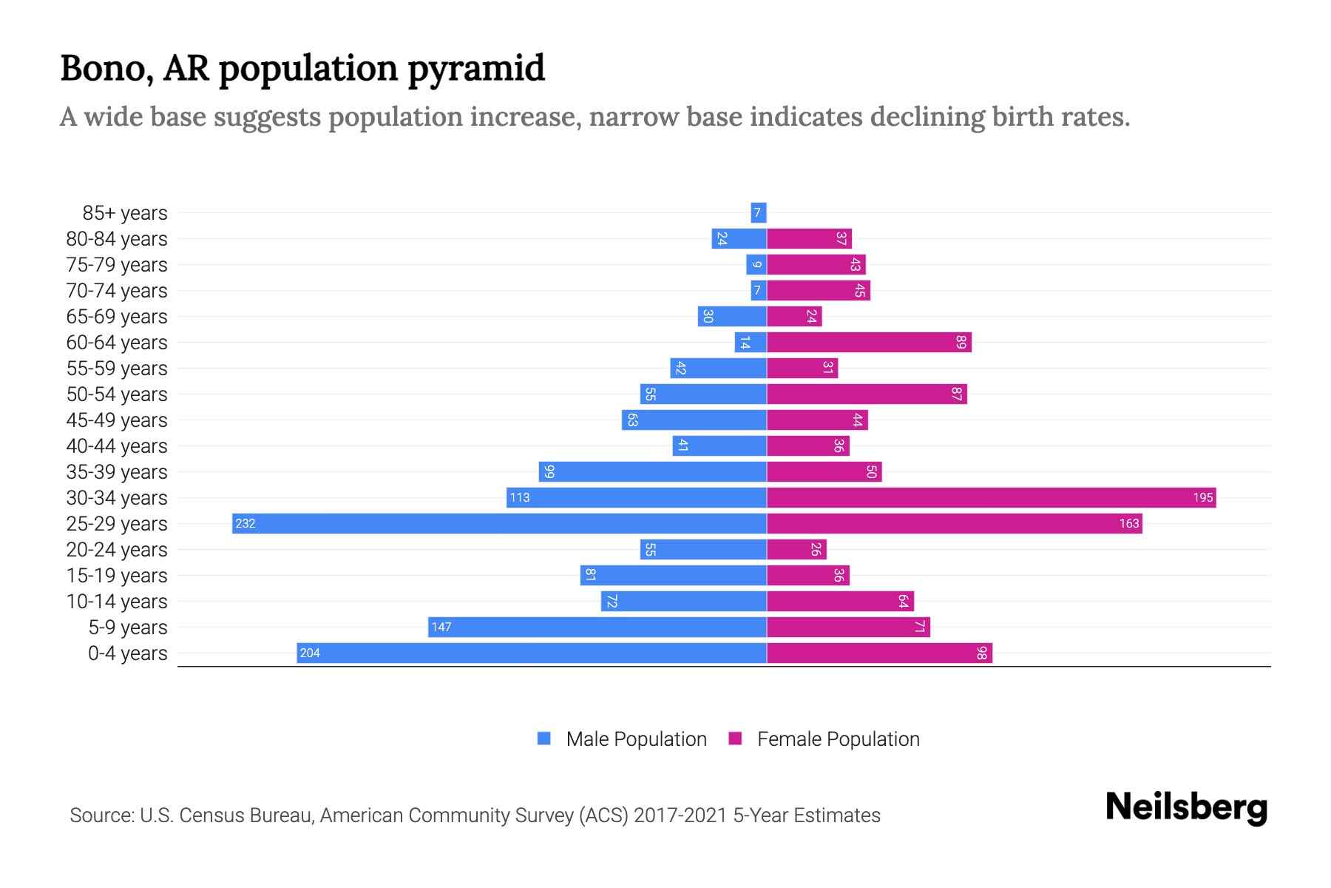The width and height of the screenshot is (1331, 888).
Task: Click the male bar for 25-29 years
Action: pyautogui.click(x=499, y=523)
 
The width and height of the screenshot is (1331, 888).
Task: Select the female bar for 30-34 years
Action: pyautogui.click(x=991, y=497)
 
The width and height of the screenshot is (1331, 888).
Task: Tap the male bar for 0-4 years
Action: pyautogui.click(x=531, y=653)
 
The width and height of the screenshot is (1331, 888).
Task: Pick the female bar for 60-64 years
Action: pyautogui.click(x=869, y=342)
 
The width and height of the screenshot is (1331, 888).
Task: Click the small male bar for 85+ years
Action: pyautogui.click(x=758, y=213)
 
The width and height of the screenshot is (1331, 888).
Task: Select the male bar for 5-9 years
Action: pyautogui.click(x=597, y=627)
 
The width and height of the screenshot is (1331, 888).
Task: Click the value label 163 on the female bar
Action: pyautogui.click(x=1128, y=524)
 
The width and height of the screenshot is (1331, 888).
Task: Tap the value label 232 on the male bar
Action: pyautogui.click(x=245, y=524)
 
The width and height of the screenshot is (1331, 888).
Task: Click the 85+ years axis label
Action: pyautogui.click(x=124, y=213)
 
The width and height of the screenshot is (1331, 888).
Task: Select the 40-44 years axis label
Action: pyautogui.click(x=117, y=446)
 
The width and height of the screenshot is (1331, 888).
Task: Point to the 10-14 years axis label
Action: pyautogui.click(x=117, y=602)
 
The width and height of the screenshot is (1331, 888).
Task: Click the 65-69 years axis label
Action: pyautogui.click(x=117, y=317)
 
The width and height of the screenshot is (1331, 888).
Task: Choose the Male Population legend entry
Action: pyautogui.click(x=636, y=739)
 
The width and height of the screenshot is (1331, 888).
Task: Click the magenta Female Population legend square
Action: pyautogui.click(x=735, y=739)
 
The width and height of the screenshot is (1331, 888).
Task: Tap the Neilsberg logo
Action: pyautogui.click(x=1186, y=807)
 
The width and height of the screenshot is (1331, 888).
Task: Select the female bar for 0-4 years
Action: pyautogui.click(x=879, y=653)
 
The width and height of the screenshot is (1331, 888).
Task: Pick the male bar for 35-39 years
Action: pyautogui.click(x=652, y=471)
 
